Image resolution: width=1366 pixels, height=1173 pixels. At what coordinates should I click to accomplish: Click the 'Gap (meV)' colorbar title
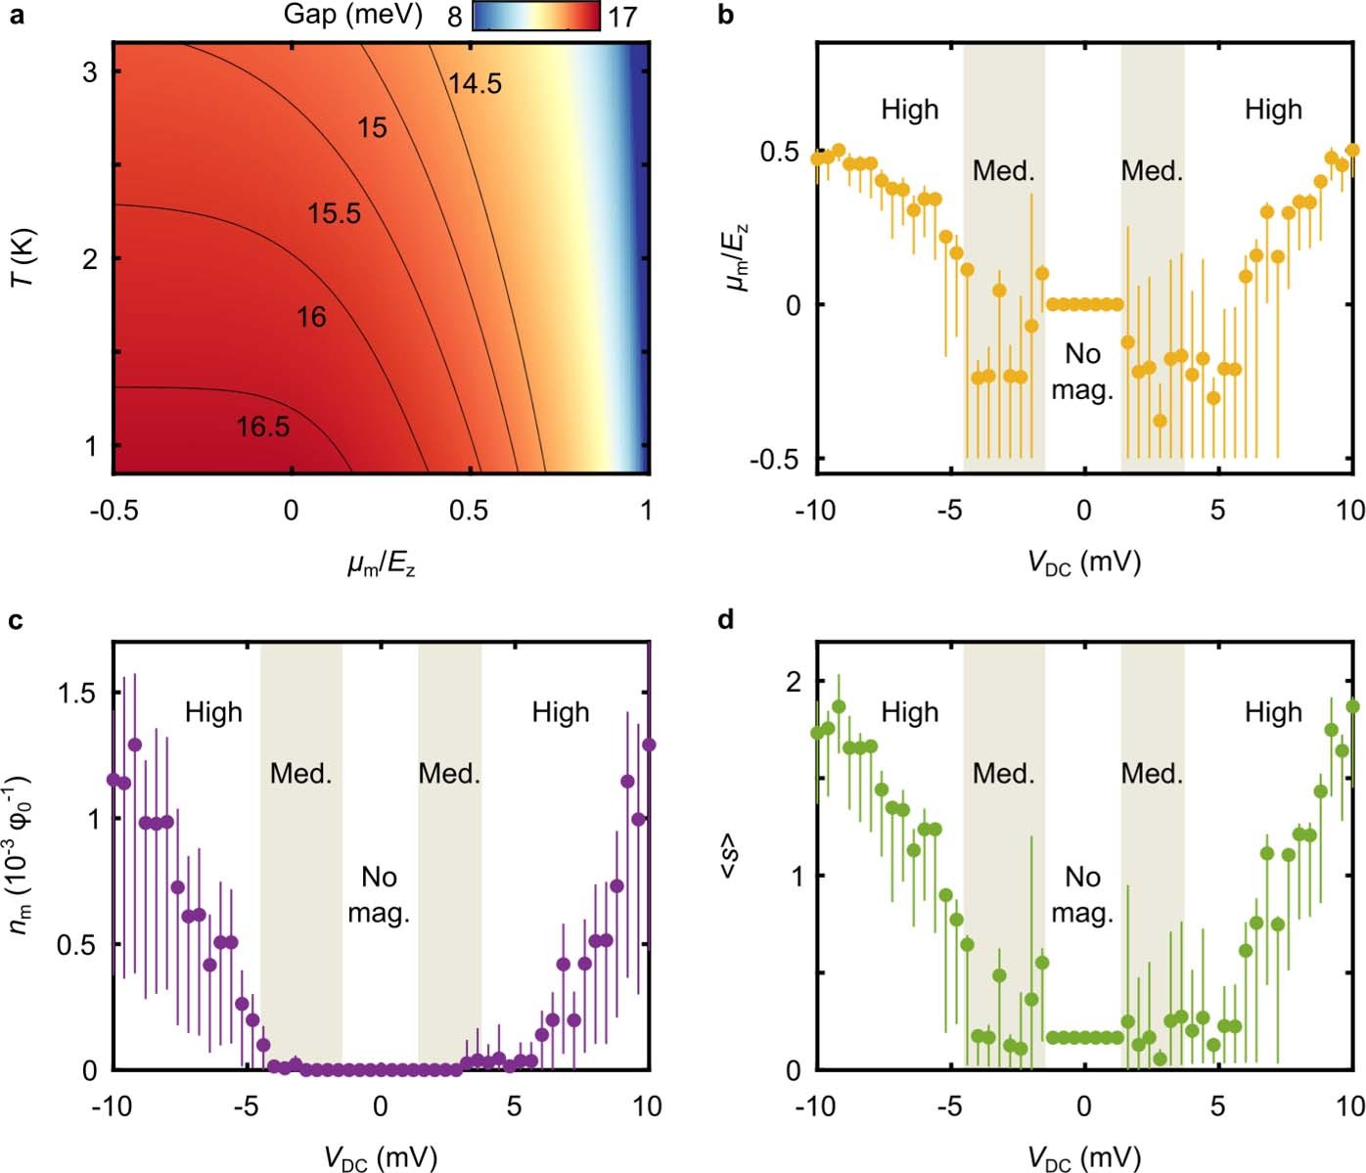pos(352,15)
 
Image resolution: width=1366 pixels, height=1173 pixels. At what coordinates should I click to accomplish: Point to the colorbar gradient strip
pos(536,16)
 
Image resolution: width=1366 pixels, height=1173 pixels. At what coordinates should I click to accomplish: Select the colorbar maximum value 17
pos(621,17)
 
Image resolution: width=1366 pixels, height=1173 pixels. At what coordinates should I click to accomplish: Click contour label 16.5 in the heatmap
pos(262,427)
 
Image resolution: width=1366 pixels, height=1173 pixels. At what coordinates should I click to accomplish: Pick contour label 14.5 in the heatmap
pos(475,84)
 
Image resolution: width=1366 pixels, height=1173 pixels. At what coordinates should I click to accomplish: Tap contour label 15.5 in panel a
pos(334,213)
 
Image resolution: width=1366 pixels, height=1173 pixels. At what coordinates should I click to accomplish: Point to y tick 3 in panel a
pos(89,72)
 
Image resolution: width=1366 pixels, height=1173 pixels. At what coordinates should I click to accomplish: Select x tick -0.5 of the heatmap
pos(113,510)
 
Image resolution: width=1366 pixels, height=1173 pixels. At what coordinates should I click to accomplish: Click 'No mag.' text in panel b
pos(1082,372)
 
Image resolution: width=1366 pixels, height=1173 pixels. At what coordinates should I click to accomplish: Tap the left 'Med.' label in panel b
pos(1003,171)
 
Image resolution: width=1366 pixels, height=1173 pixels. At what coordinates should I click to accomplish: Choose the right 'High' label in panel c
pos(561,712)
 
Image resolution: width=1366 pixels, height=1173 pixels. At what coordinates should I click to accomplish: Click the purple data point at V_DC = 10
pos(648,744)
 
